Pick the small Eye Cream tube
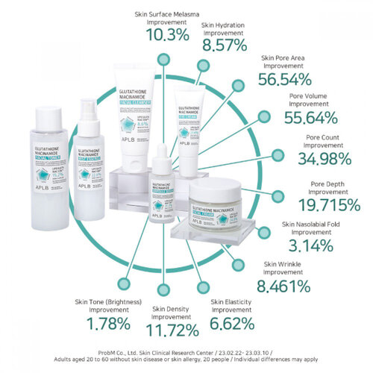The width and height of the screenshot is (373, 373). click(185, 127)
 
